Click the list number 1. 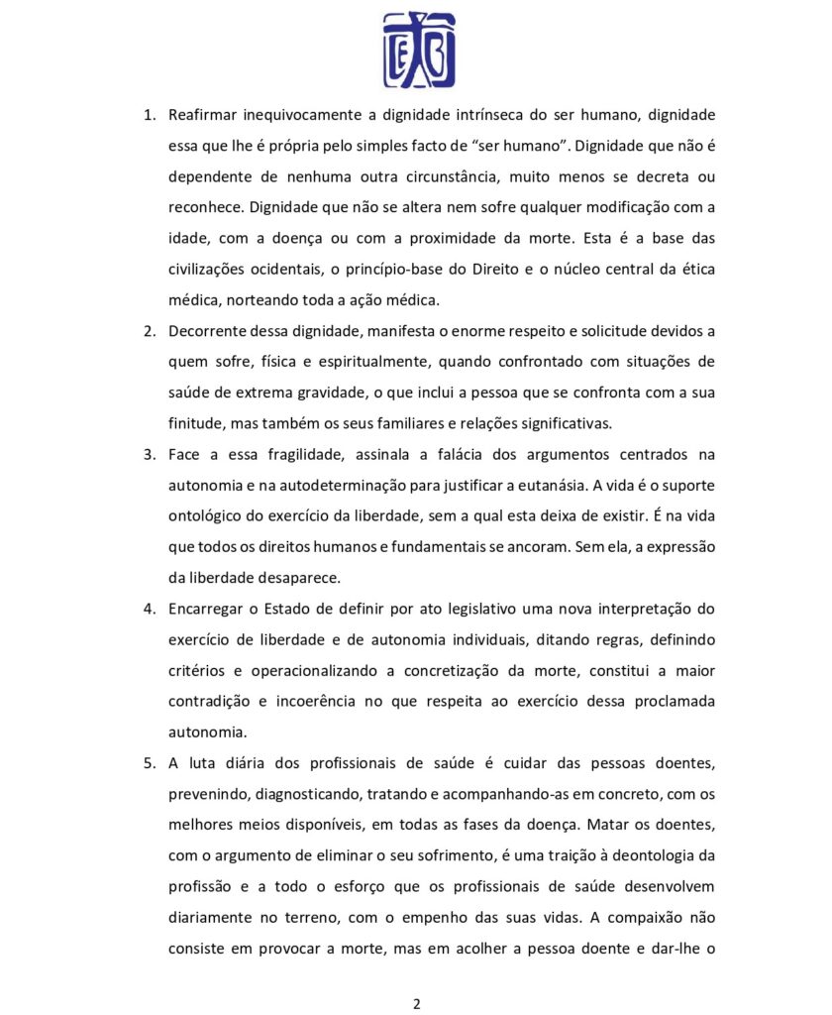pyautogui.click(x=149, y=116)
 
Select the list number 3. pyautogui.click(x=149, y=454)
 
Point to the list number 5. pyautogui.click(x=149, y=762)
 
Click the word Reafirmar pyautogui.click(x=205, y=116)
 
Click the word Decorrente pyautogui.click(x=208, y=331)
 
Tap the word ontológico pyautogui.click(x=208, y=516)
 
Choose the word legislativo pyautogui.click(x=471, y=609)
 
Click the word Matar pyautogui.click(x=614, y=824)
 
